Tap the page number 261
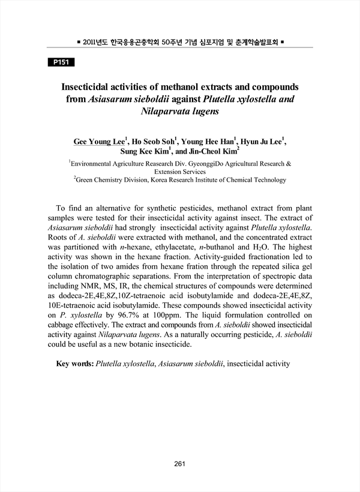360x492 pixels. pos(180,463)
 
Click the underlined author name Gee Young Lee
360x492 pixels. pos(99,142)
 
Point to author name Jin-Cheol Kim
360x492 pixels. pos(217,152)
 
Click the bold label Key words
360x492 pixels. pos(74,364)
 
